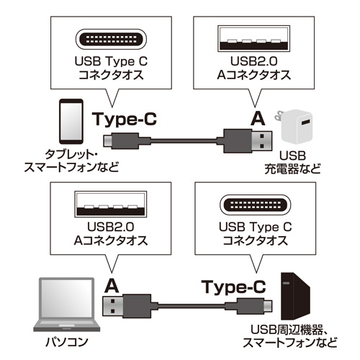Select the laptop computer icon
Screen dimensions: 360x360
point(66,304)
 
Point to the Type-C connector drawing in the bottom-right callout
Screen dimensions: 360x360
point(254,206)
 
